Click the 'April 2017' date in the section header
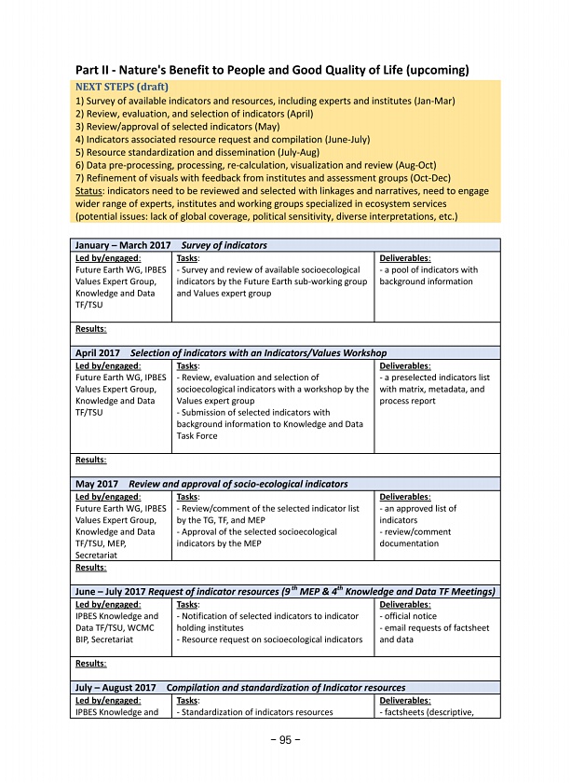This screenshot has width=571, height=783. pos(98,353)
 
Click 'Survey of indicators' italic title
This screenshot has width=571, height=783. pos(224,245)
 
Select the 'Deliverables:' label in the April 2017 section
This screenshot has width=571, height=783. pos(405,365)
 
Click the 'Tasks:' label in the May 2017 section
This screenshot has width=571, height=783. pos(188,497)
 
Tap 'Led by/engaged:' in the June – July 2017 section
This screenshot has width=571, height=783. pos(107,604)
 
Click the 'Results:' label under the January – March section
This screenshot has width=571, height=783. pos(90,328)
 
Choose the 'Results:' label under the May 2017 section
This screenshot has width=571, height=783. pos(90,567)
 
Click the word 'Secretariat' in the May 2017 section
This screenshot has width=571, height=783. pos(99,555)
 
